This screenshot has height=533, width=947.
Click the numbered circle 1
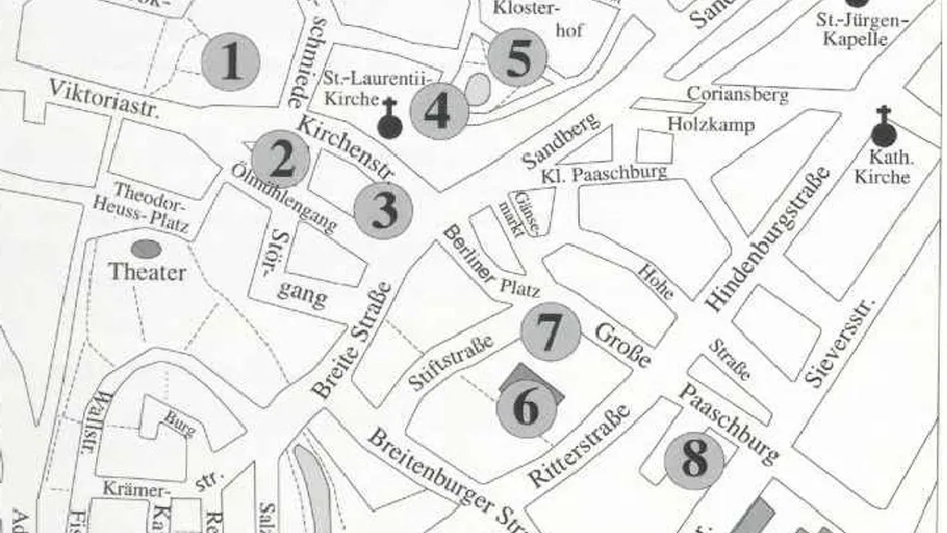230,62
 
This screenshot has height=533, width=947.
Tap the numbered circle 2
280,159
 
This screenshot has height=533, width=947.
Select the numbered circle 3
383,211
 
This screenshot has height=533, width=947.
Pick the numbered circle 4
437,111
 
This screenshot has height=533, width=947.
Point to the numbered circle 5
519,58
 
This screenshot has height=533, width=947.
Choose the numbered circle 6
526,408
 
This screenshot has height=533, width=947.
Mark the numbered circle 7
550,332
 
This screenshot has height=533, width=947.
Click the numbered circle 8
694,458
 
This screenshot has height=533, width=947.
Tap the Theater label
147,272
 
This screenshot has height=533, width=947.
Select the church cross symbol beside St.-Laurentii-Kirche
391,119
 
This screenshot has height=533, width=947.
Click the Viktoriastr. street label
105,99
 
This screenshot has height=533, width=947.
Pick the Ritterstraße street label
579,444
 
